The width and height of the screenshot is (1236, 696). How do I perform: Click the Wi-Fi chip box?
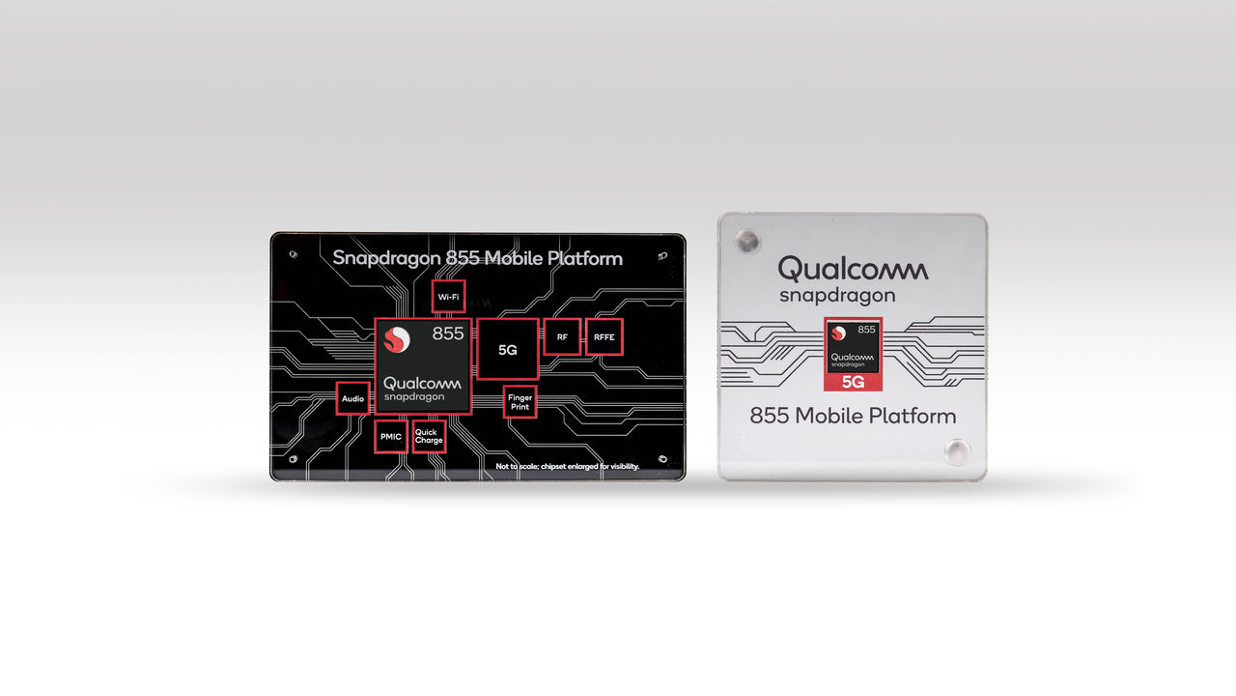pyautogui.click(x=448, y=297)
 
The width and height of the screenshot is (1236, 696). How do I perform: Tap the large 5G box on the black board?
pyautogui.click(x=508, y=349)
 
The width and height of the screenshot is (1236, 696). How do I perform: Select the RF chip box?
pyautogui.click(x=562, y=336)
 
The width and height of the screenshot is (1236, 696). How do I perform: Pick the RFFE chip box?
pyautogui.click(x=604, y=336)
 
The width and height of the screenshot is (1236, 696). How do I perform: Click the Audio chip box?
pyautogui.click(x=353, y=398)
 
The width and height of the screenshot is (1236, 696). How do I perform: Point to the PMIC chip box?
pyautogui.click(x=391, y=436)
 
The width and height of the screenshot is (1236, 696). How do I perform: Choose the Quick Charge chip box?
pyautogui.click(x=429, y=436)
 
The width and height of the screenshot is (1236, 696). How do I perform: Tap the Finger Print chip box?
pyautogui.click(x=520, y=401)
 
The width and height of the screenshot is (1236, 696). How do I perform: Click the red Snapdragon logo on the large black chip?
pyautogui.click(x=397, y=339)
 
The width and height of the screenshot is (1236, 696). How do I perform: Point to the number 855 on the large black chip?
pyautogui.click(x=448, y=333)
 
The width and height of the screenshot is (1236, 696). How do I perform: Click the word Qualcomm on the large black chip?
pyautogui.click(x=422, y=383)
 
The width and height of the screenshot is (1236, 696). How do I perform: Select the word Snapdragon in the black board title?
pyautogui.click(x=387, y=258)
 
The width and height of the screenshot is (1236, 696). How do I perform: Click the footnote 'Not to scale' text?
pyautogui.click(x=567, y=466)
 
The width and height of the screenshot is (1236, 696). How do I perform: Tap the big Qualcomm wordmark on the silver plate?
pyautogui.click(x=853, y=269)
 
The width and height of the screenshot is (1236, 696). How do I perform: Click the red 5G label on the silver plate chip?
pyautogui.click(x=853, y=382)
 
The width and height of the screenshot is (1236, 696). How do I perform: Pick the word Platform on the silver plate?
pyautogui.click(x=915, y=416)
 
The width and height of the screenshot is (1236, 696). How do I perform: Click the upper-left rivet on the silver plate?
pyautogui.click(x=747, y=242)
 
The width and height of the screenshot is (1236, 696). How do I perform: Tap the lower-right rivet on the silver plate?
pyautogui.click(x=957, y=451)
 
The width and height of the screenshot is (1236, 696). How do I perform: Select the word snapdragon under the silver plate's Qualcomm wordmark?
pyautogui.click(x=837, y=296)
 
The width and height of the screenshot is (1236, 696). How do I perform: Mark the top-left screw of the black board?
pyautogui.click(x=293, y=254)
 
